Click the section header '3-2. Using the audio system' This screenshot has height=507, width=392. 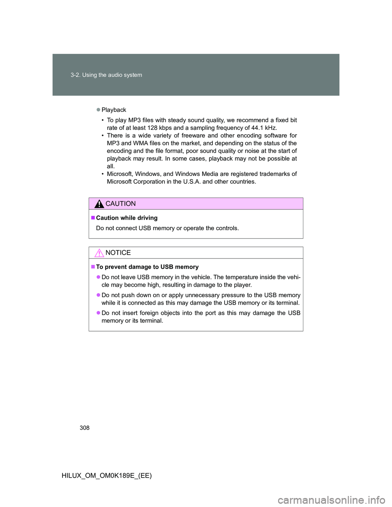coord(106,75)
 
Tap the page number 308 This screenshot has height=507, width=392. coord(85,428)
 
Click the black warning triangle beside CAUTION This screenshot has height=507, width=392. coord(99,204)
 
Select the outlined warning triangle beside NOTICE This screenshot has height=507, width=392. coord(99,253)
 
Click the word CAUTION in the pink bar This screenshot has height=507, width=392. coord(120,204)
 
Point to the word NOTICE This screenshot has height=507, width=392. coord(118,253)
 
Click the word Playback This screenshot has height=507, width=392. coord(114,110)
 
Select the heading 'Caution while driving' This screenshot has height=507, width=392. coord(127,218)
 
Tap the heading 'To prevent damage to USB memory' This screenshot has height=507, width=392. coord(147,267)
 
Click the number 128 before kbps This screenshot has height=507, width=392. coord(152,128)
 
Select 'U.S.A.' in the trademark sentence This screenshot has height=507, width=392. coord(190,182)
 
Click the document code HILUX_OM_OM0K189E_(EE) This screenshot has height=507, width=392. coord(107,476)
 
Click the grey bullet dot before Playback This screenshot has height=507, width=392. coord(98,110)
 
